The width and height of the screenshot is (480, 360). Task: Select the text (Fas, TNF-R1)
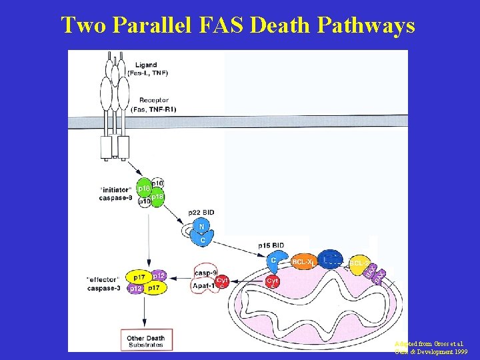pos(154,109)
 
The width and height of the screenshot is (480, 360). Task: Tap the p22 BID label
pos(201,213)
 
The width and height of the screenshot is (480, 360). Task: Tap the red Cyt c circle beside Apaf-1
pos(222,281)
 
